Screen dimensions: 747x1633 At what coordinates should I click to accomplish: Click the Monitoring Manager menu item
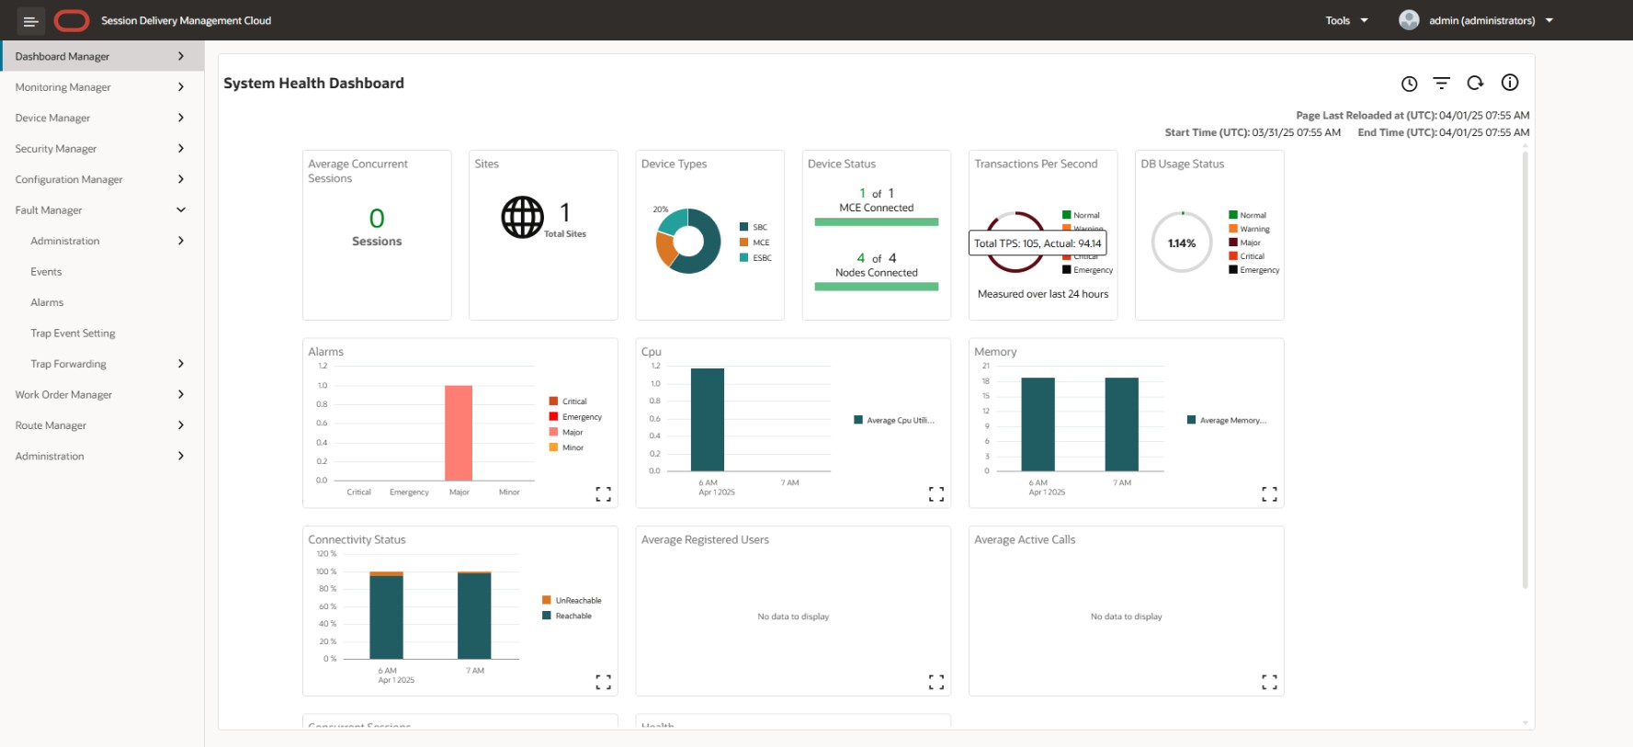[x=62, y=87]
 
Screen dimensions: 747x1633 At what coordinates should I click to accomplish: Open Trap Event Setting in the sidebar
[x=73, y=334]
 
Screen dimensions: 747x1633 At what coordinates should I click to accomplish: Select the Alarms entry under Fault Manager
[x=47, y=302]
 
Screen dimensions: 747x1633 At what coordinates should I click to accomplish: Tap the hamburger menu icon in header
[x=30, y=20]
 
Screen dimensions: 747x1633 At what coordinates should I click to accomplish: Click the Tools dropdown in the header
[x=1346, y=20]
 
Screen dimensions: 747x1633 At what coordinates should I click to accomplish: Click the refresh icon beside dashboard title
[x=1475, y=83]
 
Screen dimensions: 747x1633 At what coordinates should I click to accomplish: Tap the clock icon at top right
[x=1409, y=84]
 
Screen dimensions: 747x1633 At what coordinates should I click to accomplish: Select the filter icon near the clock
[x=1441, y=84]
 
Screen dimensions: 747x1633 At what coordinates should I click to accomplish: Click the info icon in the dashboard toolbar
[x=1509, y=83]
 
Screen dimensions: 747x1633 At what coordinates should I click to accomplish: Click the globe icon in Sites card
[x=522, y=218]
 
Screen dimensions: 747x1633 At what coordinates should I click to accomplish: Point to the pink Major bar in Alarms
[x=459, y=432]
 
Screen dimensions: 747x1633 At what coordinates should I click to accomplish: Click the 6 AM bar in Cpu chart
[x=707, y=419]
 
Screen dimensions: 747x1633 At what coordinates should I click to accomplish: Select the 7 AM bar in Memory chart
[x=1121, y=424]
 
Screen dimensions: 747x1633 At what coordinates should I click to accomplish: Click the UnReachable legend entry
[x=578, y=601]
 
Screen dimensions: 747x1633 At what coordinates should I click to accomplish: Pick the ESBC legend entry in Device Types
[x=762, y=258]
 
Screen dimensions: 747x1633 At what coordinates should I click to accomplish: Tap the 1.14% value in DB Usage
[x=1182, y=243]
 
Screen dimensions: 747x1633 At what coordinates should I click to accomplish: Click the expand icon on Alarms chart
[x=603, y=494]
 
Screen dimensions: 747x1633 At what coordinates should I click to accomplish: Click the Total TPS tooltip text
[x=1038, y=243]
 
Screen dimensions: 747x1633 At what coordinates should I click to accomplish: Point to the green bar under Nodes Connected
[x=876, y=287]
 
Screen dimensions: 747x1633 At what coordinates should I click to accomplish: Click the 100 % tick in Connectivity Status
[x=326, y=572]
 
